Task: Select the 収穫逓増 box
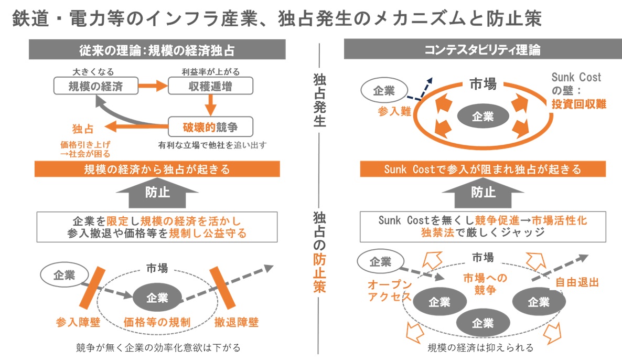[210, 86]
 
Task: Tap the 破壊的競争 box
[210, 126]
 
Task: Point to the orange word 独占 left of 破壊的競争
[83, 127]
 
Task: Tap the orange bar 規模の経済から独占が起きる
[157, 170]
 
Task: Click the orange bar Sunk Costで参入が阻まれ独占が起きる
[482, 170]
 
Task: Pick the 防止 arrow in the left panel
[157, 193]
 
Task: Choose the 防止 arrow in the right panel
[483, 193]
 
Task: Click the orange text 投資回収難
[578, 104]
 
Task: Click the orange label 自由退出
[577, 282]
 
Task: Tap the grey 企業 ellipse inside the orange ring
[482, 117]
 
